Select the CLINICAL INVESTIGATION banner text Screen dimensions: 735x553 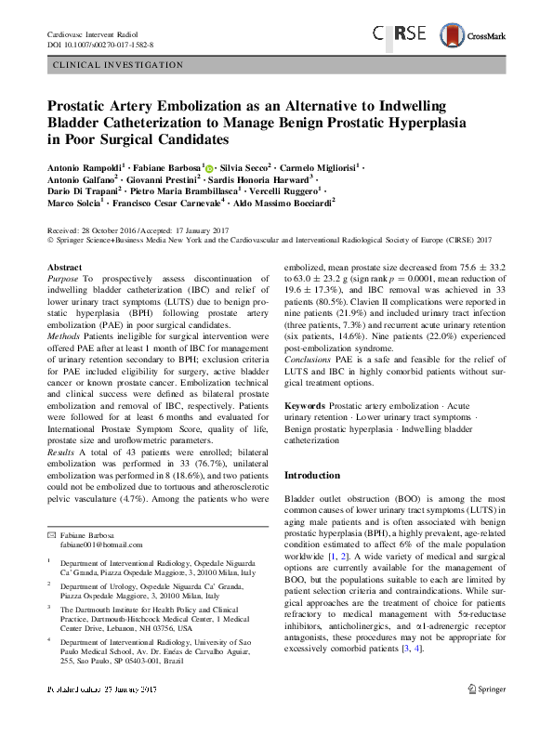pyautogui.click(x=120, y=66)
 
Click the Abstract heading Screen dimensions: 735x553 pyautogui.click(x=64, y=268)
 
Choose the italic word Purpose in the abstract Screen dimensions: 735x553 pyautogui.click(x=62, y=279)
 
